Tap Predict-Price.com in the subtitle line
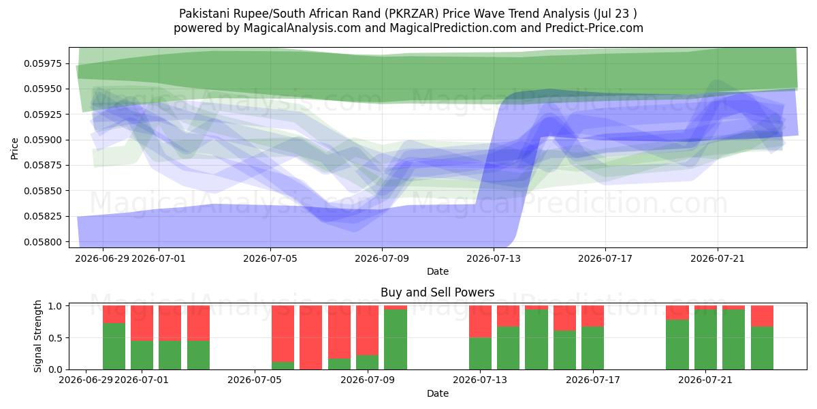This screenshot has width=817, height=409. click(x=594, y=28)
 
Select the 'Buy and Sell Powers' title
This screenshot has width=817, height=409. click(x=438, y=292)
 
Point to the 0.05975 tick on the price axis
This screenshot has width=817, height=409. click(x=43, y=63)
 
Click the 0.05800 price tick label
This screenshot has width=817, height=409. click(x=43, y=242)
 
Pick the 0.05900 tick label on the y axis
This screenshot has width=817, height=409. click(x=43, y=140)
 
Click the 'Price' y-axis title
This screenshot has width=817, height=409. click(x=14, y=149)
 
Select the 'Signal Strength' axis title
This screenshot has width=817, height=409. click(x=37, y=336)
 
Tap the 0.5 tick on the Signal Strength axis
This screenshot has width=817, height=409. click(x=55, y=338)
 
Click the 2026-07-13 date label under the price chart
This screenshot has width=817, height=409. click(x=494, y=258)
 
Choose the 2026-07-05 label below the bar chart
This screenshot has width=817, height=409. click(x=255, y=380)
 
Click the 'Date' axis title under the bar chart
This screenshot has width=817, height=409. click(x=438, y=393)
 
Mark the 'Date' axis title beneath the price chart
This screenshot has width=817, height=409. click(x=438, y=271)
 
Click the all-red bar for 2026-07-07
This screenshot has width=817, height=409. click(x=310, y=337)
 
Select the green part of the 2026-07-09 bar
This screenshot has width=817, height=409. click(x=396, y=339)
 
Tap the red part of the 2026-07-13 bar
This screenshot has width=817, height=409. click(x=480, y=321)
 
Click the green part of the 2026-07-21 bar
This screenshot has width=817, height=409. click(x=705, y=339)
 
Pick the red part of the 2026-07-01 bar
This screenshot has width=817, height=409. click(x=142, y=323)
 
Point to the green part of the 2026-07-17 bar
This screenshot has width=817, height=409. click(x=593, y=348)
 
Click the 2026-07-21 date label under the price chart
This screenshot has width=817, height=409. click(x=718, y=258)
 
